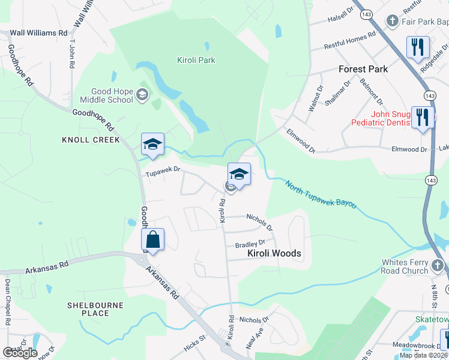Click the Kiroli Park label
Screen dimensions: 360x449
click(196, 60)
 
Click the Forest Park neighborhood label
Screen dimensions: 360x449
click(363, 69)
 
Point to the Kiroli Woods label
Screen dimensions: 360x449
click(274, 254)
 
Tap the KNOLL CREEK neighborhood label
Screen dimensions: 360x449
click(91, 140)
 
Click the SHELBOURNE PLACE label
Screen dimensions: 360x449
click(95, 309)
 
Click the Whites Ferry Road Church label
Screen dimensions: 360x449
click(414, 266)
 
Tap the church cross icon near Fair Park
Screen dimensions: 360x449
click(393, 22)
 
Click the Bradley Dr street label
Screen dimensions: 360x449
click(250, 244)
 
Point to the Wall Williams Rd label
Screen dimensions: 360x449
click(38, 32)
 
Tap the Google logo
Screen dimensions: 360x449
click(20, 353)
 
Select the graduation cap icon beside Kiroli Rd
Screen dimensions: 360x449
click(239, 175)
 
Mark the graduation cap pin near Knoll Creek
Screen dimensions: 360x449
click(152, 145)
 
